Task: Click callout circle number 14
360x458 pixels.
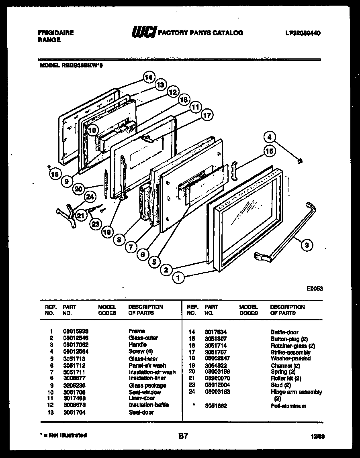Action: pyautogui.click(x=149, y=77)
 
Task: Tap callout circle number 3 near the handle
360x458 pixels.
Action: pyautogui.click(x=307, y=245)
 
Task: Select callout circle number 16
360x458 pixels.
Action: pyautogui.click(x=269, y=151)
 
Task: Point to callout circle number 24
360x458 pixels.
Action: pyautogui.click(x=90, y=196)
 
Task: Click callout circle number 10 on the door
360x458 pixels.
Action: pyautogui.click(x=92, y=130)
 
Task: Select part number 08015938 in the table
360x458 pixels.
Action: pyautogui.click(x=76, y=331)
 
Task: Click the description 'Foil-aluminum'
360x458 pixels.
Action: pyautogui.click(x=288, y=406)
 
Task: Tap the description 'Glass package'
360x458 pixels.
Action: pyautogui.click(x=147, y=385)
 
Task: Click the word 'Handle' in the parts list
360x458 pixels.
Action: pyautogui.click(x=138, y=344)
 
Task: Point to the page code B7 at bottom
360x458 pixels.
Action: pyautogui.click(x=183, y=436)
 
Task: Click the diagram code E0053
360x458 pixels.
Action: pyautogui.click(x=315, y=288)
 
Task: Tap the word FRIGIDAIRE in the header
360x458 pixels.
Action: pyautogui.click(x=55, y=33)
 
